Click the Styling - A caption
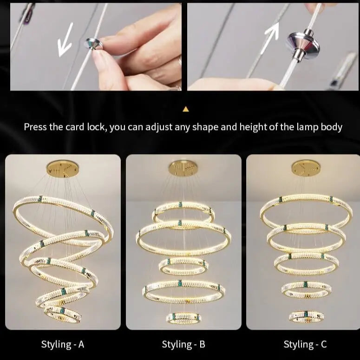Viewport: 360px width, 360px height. [x=63, y=344]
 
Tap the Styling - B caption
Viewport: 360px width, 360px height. [x=183, y=344]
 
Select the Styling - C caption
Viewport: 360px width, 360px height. [x=305, y=344]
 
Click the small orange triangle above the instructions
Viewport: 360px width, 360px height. [x=186, y=109]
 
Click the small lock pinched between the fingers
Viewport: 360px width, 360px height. [x=94, y=44]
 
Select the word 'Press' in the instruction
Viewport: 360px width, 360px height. [x=37, y=127]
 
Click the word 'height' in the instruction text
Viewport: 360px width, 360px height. [x=254, y=127]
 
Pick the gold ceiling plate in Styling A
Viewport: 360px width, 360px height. [x=63, y=168]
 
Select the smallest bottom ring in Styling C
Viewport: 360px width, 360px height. [x=307, y=316]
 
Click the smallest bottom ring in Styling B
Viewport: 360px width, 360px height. [x=183, y=317]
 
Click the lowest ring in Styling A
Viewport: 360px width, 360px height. [x=63, y=313]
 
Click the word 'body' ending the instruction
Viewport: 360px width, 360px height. [x=332, y=127]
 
